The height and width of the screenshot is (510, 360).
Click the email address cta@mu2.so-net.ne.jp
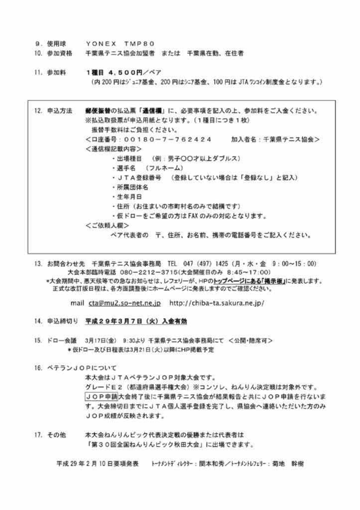[x=124, y=303]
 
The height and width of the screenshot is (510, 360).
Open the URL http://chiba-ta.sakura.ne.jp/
[x=217, y=303]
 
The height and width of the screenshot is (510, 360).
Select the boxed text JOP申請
[x=101, y=397]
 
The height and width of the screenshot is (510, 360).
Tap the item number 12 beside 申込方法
[x=38, y=111]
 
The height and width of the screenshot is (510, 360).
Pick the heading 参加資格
[x=60, y=53]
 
